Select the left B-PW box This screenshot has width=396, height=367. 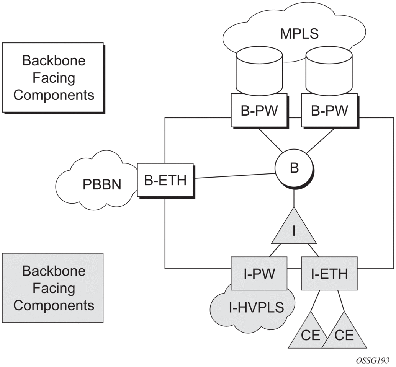(259, 111)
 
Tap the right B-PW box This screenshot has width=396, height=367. (329, 111)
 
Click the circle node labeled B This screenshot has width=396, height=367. (294, 168)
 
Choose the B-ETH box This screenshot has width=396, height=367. (165, 180)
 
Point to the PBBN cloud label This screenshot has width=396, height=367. (102, 185)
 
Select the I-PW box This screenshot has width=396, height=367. (259, 274)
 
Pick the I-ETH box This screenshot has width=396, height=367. (329, 274)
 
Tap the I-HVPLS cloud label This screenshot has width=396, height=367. (257, 307)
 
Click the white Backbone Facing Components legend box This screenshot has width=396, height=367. (53, 78)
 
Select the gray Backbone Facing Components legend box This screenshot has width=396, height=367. (53, 288)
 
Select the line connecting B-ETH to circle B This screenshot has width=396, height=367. (234, 176)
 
